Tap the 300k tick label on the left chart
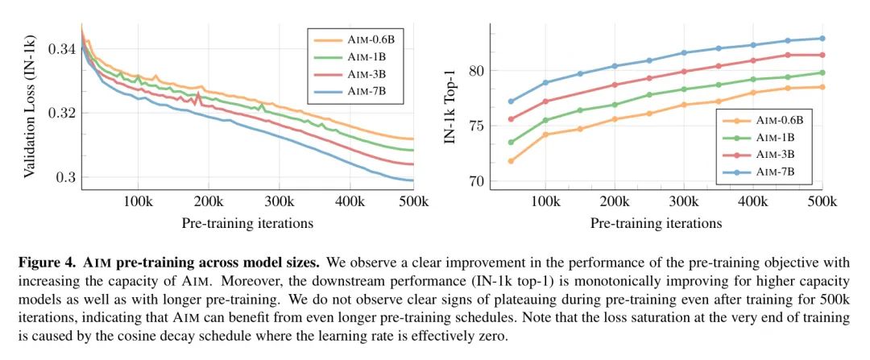tap(278, 200)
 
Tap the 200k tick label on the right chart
tap(614, 200)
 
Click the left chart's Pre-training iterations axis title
tap(247, 222)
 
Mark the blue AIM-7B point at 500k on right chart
tap(822, 38)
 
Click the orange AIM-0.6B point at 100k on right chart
tap(545, 134)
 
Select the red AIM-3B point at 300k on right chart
tap(684, 72)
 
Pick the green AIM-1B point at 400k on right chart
tap(753, 79)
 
